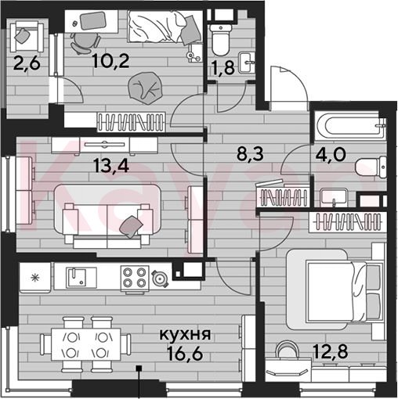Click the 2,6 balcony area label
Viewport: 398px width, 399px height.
[27, 64]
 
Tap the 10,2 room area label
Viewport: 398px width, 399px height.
[110, 61]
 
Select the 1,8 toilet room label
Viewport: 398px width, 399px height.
[223, 68]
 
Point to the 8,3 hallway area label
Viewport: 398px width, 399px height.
[250, 154]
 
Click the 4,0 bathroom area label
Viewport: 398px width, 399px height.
[331, 154]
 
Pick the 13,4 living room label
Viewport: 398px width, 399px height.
[111, 166]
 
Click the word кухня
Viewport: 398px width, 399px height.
[185, 335]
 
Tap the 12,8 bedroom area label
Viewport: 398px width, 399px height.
[331, 351]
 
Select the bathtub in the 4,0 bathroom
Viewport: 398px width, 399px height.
[350, 126]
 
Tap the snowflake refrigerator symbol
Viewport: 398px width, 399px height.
[34, 278]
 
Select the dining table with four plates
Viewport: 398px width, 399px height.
[85, 345]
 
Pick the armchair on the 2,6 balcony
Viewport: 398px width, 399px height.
[27, 37]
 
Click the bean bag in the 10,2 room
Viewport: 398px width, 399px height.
[146, 88]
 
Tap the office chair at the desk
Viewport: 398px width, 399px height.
[85, 42]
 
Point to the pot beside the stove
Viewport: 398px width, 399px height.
[160, 279]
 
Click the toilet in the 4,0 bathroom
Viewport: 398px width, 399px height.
[371, 167]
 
